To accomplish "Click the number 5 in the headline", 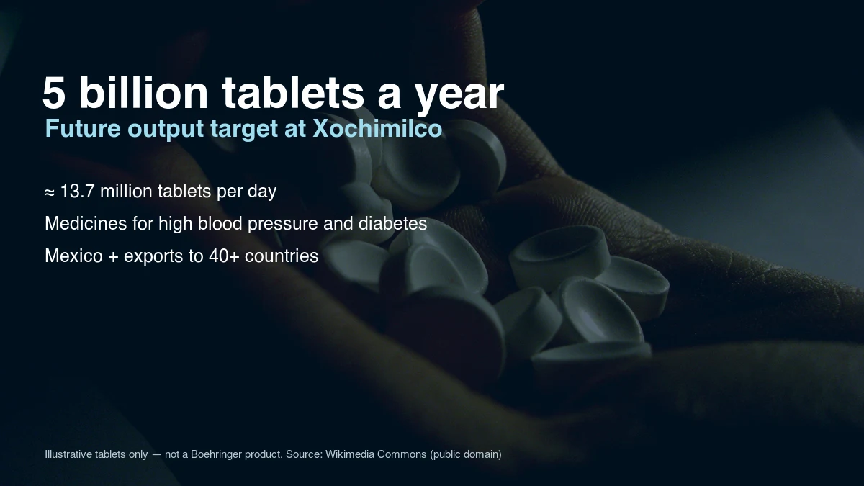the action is pos(53,93).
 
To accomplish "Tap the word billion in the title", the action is pos(143,92).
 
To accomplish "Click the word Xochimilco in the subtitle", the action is pos(377,127).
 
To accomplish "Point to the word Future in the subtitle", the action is pos(83,128).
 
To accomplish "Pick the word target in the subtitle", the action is pos(244,129).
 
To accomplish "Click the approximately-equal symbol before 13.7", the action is pos(50,192).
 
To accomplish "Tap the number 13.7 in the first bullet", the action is pos(78,191).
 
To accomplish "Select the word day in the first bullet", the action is pos(262,192).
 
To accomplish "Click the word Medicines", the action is pos(86,223).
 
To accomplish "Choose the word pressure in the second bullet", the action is pos(283,225).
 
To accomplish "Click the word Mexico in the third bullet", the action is pos(73,256).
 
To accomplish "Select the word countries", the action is pos(282,256).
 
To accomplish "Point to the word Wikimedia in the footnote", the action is pos(350,454).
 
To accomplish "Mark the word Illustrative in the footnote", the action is pos(68,454).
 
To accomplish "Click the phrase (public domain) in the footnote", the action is pos(466,454).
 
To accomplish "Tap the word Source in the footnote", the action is pos(304,454).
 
